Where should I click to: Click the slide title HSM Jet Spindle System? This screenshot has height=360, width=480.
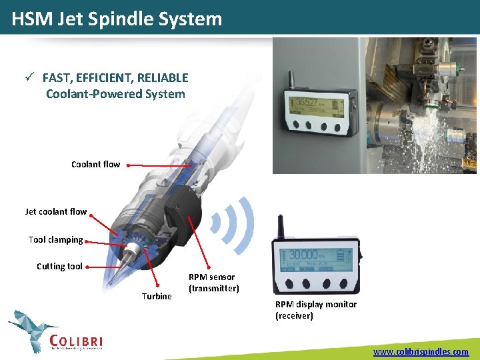click(x=117, y=19)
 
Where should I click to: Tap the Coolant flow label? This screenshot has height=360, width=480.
click(x=95, y=164)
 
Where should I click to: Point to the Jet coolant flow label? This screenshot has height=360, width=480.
click(x=56, y=211)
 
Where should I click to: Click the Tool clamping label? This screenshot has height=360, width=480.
click(x=55, y=239)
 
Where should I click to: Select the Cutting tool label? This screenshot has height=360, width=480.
click(x=59, y=266)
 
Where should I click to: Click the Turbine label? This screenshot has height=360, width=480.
click(x=157, y=296)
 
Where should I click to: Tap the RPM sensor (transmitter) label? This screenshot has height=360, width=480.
click(x=213, y=283)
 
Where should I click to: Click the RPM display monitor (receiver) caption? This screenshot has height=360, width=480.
click(x=315, y=309)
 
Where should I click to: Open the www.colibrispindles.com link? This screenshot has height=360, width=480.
click(x=421, y=351)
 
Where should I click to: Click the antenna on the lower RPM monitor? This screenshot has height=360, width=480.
click(x=281, y=227)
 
